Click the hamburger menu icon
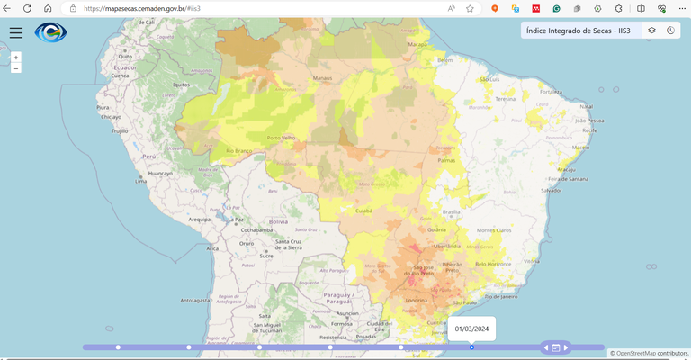pyautogui.click(x=15, y=32)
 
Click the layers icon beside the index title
pyautogui.click(x=652, y=31)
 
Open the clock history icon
pyautogui.click(x=670, y=31)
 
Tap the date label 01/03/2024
pyautogui.click(x=471, y=328)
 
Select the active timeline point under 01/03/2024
pyautogui.click(x=471, y=346)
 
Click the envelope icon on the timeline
pyautogui.click(x=556, y=347)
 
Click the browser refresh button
pyautogui.click(x=28, y=8)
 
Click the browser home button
pyautogui.click(x=48, y=8)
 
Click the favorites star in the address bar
pyautogui.click(x=470, y=8)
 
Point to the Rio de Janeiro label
pyautogui.click(x=503, y=295)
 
